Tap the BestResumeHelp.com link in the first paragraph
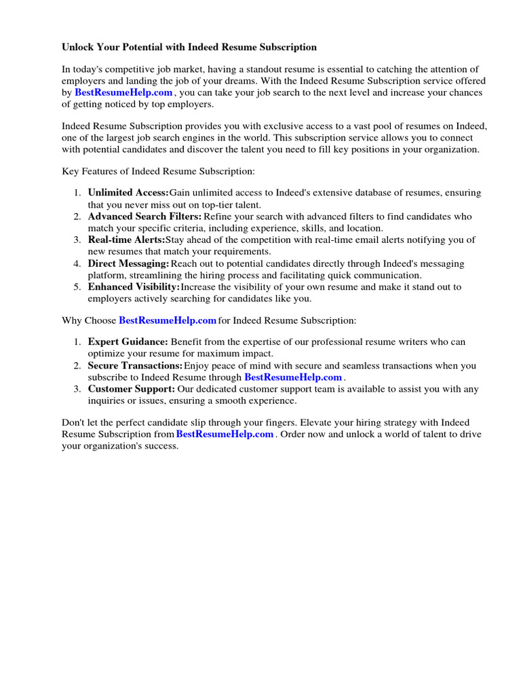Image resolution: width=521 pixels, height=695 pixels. tap(123, 92)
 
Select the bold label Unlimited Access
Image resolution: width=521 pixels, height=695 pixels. tap(128, 193)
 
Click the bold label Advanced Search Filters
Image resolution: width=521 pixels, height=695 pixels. tap(144, 217)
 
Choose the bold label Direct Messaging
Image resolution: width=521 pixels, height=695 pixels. tap(128, 263)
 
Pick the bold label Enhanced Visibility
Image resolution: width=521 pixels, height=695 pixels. tap(134, 286)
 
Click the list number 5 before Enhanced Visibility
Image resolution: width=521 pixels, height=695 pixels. tap(77, 286)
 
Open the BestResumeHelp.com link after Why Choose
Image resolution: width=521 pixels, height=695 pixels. tap(168, 320)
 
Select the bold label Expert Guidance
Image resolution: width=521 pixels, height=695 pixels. tap(128, 342)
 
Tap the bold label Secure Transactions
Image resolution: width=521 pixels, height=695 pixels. tap(135, 366)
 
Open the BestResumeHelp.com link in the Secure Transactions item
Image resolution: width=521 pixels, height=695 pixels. tap(293, 377)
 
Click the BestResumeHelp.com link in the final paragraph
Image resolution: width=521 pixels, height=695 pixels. tap(225, 434)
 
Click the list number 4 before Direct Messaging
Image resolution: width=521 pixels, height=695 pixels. tap(77, 263)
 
